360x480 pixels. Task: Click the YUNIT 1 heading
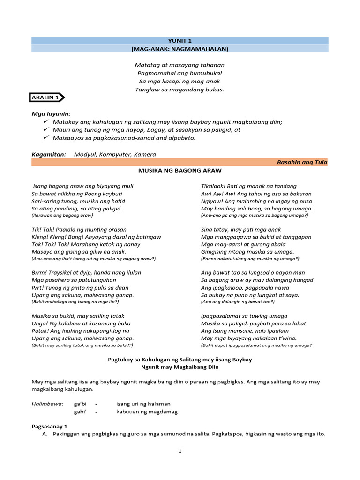click(180, 41)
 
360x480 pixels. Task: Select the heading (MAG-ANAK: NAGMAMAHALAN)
click(180, 49)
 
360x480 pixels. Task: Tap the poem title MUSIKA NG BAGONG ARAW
click(180, 170)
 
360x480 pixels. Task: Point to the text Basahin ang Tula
click(302, 162)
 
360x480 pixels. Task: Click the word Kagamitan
click(49, 154)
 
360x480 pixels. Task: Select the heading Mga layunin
click(51, 113)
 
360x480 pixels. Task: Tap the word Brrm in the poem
click(40, 272)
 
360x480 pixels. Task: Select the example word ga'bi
click(80, 404)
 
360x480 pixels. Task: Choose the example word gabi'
click(81, 412)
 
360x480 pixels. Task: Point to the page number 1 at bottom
click(180, 451)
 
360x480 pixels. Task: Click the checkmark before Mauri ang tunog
click(45, 129)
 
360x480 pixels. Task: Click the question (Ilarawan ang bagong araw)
click(62, 215)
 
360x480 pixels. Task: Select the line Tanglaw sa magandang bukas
click(180, 90)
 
